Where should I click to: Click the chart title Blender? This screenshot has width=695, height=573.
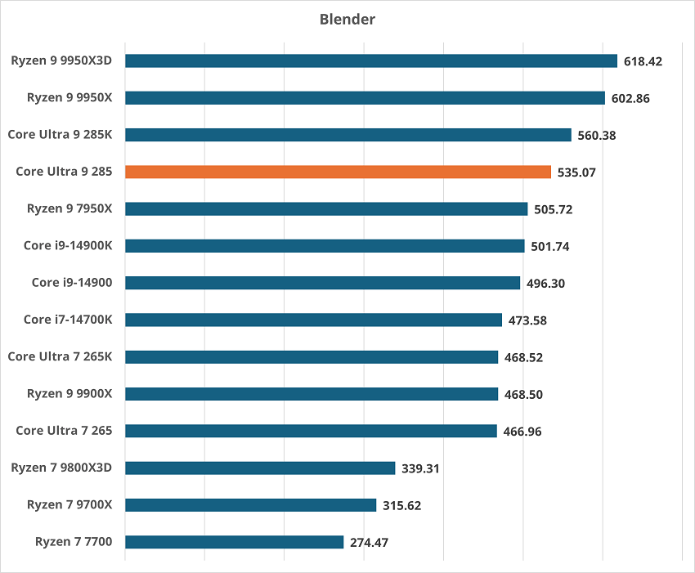pos(347,19)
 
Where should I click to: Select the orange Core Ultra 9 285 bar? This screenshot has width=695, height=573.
pos(338,172)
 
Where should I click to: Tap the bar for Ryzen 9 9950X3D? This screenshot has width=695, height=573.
pos(370,60)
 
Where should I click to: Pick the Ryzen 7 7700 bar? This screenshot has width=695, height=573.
pos(234,542)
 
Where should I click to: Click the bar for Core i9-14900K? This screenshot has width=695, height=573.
pos(325,246)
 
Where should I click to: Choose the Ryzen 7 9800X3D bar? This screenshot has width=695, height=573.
pos(260,468)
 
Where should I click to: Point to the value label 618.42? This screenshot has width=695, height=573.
pos(644,61)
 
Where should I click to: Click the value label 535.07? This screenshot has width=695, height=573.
pos(578,172)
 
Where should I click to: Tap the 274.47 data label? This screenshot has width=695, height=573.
pos(370,543)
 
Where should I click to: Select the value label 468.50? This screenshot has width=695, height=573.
pos(525,395)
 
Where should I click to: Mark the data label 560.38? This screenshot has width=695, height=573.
pos(598,136)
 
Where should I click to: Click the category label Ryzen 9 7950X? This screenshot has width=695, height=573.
pos(69,208)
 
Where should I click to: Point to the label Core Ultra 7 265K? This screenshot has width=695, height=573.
pos(60,356)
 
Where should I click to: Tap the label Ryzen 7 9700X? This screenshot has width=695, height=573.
pos(69,504)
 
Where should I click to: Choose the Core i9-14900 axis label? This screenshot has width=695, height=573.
pos(72,283)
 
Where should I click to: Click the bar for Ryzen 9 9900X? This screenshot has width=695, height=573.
pos(312,394)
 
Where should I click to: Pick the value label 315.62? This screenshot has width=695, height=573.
pos(402,506)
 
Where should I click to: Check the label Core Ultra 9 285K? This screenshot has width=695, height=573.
pos(60,135)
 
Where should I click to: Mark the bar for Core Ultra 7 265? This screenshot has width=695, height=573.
pos(311,431)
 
